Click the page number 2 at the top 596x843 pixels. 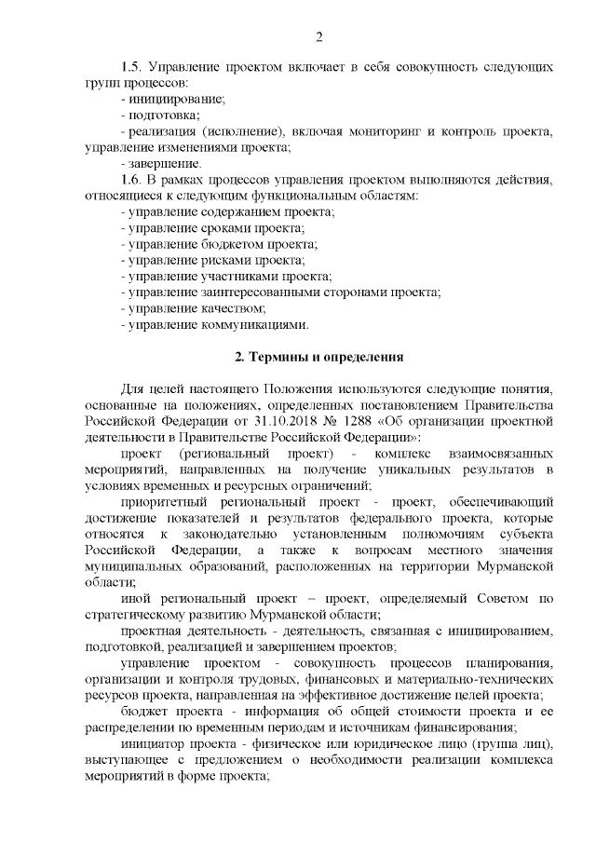pyautogui.click(x=318, y=37)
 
